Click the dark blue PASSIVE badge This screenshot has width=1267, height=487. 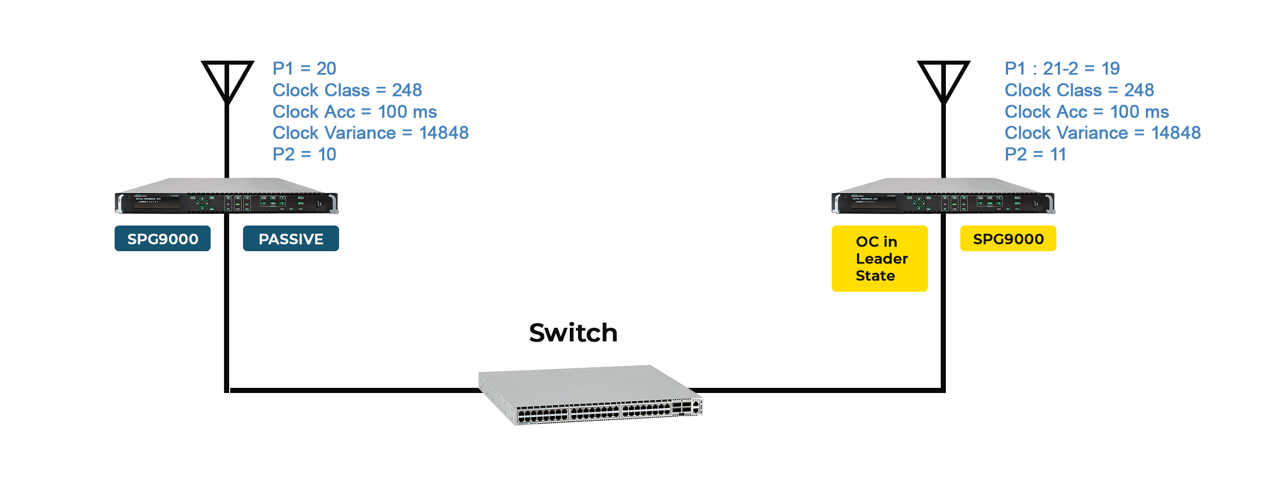click(291, 238)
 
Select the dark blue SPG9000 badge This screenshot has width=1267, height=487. click(162, 238)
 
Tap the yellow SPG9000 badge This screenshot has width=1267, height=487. click(1008, 238)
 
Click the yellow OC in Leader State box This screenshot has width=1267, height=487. click(880, 258)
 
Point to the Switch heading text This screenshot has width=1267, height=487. click(573, 333)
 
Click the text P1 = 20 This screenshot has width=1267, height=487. click(304, 68)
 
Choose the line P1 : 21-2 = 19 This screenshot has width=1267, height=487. click(1062, 68)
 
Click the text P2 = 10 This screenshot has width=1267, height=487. click(304, 154)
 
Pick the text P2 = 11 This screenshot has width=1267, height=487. click(1035, 154)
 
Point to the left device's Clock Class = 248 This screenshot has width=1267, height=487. click(347, 90)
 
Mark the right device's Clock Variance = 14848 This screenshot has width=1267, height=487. click(1103, 133)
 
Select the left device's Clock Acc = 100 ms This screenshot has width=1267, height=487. click(355, 112)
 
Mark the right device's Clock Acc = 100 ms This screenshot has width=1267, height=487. click(1087, 112)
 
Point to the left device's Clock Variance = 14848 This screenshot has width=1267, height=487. click(370, 133)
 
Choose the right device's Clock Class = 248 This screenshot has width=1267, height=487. click(1079, 90)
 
